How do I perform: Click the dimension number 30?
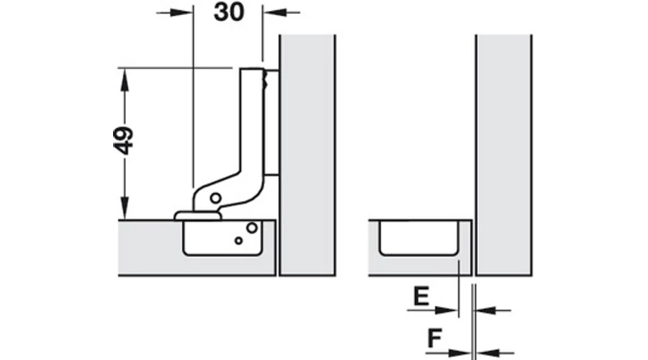tap(229, 12)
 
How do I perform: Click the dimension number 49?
tap(124, 140)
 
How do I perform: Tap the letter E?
tap(421, 296)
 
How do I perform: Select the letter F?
tap(435, 338)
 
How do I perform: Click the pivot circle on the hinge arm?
tap(215, 198)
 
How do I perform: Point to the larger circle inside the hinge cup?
tap(252, 228)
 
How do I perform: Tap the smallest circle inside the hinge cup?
tap(238, 240)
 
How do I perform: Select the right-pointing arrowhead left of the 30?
tap(182, 13)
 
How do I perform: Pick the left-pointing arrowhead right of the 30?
tap(274, 13)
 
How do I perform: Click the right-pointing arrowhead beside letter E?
tap(446, 310)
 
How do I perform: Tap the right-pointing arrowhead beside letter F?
tap(459, 354)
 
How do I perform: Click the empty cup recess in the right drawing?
tap(419, 238)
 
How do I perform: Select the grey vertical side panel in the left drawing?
tap(307, 155)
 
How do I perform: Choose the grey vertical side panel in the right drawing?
tap(504, 155)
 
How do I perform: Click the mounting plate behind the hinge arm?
tap(271, 122)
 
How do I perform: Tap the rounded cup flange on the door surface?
tap(197, 216)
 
